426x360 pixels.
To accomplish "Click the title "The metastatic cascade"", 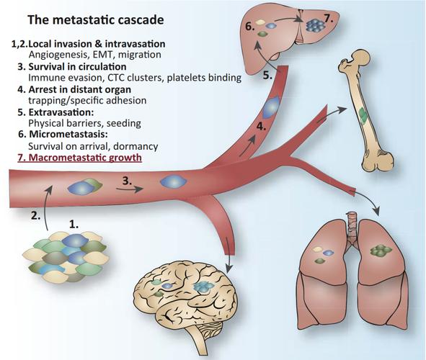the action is pos(96,20).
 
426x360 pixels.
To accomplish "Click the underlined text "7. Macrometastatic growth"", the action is pos(79,158).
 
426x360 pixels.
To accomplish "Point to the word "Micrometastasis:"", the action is pos(68,135).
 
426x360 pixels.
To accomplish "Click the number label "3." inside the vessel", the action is pos(127,181).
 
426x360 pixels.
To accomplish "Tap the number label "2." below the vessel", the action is pos(36,216).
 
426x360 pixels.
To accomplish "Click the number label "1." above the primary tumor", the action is pos(74,225).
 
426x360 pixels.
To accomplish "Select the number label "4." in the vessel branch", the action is pos(261,126).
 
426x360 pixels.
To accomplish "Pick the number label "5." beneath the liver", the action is pos(267,75).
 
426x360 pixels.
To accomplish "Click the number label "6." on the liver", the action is pos(249,27).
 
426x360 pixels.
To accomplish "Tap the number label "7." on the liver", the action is pos(329,19).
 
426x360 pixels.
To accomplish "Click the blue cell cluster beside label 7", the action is pos(316,25).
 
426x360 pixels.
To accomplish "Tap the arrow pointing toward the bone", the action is pos(332,113).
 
